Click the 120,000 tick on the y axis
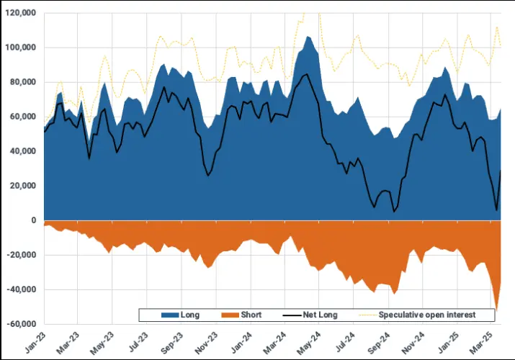coord(22,13)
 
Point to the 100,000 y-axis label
coord(22,48)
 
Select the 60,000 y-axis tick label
coord(24,117)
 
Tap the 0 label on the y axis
coord(33,220)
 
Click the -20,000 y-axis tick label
coord(22,255)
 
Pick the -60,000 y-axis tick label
coord(22,324)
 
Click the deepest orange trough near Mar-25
coord(496,310)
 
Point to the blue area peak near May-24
coord(308,36)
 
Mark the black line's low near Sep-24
coord(394,212)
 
